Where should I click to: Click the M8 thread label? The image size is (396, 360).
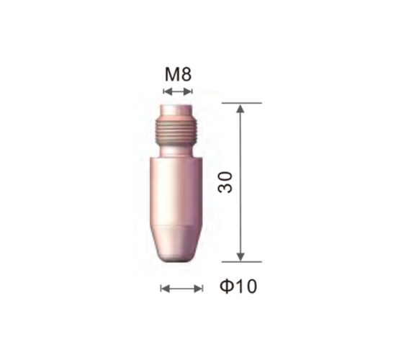tap(178, 75)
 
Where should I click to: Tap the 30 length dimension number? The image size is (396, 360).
tap(225, 182)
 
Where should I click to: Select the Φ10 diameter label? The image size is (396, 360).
tap(238, 287)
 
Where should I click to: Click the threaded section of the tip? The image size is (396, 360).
tap(176, 132)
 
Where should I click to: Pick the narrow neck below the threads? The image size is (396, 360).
tap(176, 153)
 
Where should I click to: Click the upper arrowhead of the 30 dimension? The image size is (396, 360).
tap(241, 109)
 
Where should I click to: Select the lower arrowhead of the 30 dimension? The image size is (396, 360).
tap(241, 256)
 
